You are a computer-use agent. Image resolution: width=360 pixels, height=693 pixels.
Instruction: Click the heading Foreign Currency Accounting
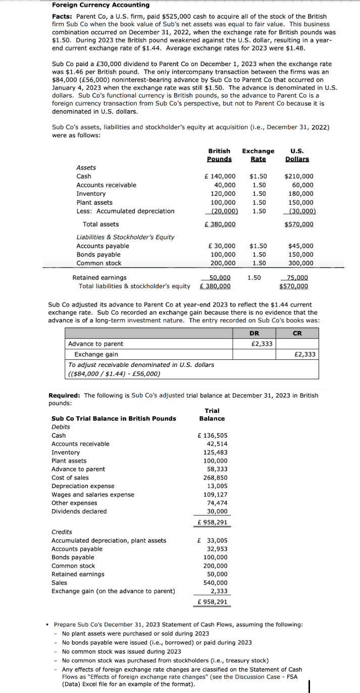101,5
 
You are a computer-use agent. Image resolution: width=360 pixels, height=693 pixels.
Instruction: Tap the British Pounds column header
219,155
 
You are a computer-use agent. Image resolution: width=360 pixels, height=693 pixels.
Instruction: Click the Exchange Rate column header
258,155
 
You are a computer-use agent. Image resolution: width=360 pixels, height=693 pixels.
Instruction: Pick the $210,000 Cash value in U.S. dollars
299,176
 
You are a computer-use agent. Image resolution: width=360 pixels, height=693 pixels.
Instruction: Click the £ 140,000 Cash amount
220,176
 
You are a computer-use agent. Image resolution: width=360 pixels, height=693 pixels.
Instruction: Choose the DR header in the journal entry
255,333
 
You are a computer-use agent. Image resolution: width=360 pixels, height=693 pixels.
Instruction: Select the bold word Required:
65,395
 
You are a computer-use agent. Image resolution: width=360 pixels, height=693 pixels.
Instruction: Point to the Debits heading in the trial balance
61,427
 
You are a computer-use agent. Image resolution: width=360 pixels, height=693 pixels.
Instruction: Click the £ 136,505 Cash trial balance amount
212,435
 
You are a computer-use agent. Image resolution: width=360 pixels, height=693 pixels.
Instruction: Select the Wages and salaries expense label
93,495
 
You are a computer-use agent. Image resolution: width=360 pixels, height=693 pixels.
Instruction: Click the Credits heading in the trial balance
62,532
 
